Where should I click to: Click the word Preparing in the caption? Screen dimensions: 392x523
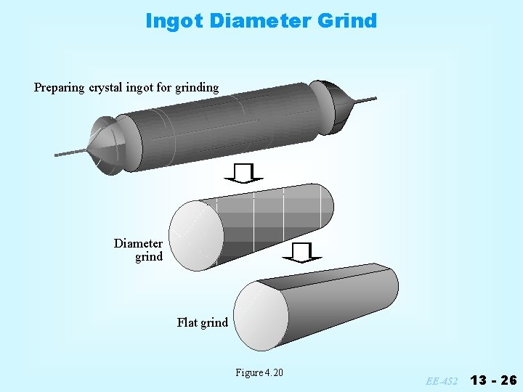[x=59, y=88]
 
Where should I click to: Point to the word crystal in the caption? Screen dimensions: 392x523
[x=110, y=88]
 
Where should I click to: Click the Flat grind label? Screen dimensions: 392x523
[x=202, y=322]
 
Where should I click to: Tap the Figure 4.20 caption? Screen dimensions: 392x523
[x=259, y=373]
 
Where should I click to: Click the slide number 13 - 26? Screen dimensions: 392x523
[x=493, y=380]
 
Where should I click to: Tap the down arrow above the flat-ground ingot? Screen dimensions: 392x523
[x=303, y=252]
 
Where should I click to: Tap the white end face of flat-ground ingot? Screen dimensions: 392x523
[x=261, y=314]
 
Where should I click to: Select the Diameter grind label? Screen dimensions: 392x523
[x=139, y=250]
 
